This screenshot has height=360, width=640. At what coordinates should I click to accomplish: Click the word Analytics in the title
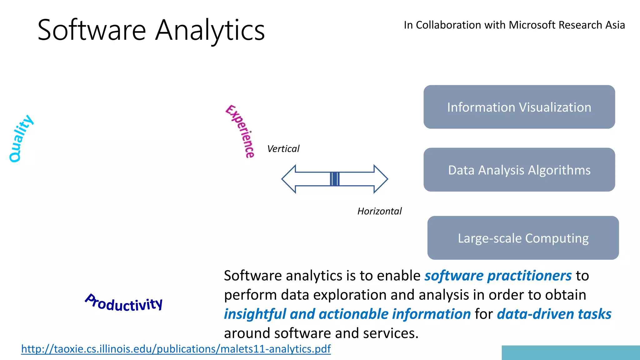click(x=210, y=30)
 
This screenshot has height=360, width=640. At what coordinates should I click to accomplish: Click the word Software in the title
click(x=92, y=30)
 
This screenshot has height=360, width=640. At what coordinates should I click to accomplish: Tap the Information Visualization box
click(x=519, y=107)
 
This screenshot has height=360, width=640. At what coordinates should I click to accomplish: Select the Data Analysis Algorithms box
click(x=519, y=170)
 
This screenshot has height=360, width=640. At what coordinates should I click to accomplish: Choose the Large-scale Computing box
click(x=523, y=238)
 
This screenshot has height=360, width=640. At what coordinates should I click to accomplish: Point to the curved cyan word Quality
click(x=20, y=138)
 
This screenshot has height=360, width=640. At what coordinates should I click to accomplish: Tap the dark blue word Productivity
click(x=124, y=303)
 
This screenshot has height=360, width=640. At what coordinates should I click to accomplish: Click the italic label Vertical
click(x=283, y=149)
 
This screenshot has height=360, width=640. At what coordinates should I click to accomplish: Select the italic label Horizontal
click(x=379, y=211)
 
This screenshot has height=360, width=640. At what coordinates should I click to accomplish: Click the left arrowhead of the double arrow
click(x=289, y=179)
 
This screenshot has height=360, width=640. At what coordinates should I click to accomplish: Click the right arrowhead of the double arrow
click(x=380, y=179)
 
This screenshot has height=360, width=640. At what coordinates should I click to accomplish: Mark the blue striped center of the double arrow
click(x=335, y=179)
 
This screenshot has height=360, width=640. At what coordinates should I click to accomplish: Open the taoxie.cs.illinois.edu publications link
click(x=176, y=349)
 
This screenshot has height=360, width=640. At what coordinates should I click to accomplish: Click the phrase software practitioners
click(x=498, y=276)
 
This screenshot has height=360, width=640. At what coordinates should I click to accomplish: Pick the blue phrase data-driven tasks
click(x=554, y=314)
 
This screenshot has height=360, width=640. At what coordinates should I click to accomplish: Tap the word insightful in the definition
click(x=255, y=314)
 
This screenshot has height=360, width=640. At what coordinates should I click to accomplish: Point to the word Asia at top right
click(x=615, y=25)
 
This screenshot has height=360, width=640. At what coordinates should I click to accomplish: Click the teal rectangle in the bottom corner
click(x=571, y=352)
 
